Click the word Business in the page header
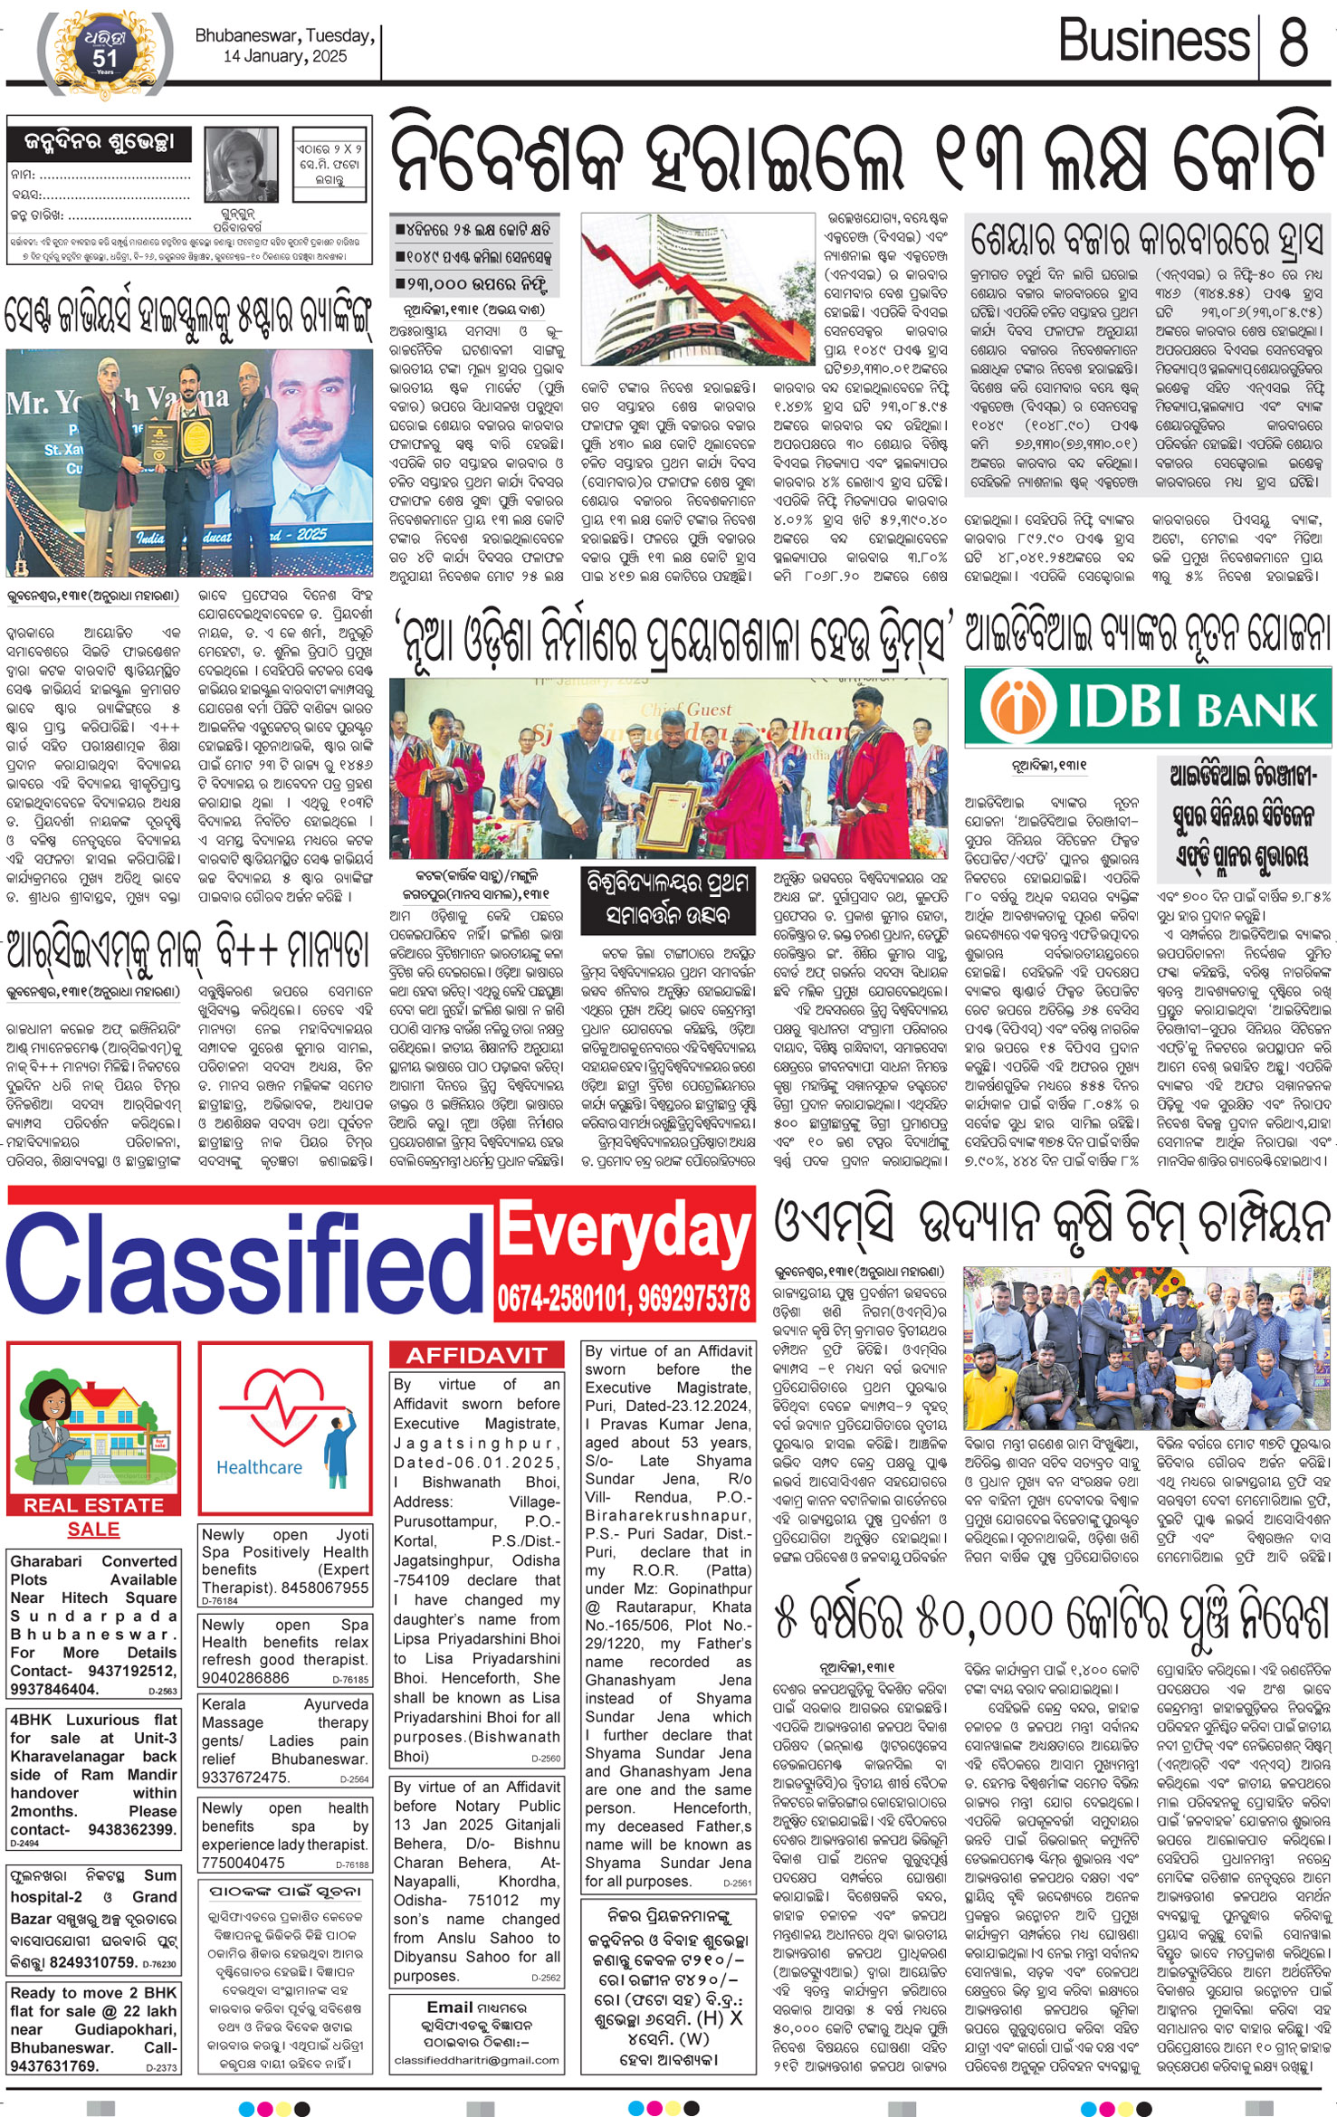pyautogui.click(x=1154, y=41)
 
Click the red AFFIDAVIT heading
pyautogui.click(x=476, y=1355)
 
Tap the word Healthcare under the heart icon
pyautogui.click(x=259, y=1467)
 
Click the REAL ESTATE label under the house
pyautogui.click(x=94, y=1505)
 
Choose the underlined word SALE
pyautogui.click(x=93, y=1529)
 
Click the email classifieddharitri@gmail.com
pyautogui.click(x=476, y=2061)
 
